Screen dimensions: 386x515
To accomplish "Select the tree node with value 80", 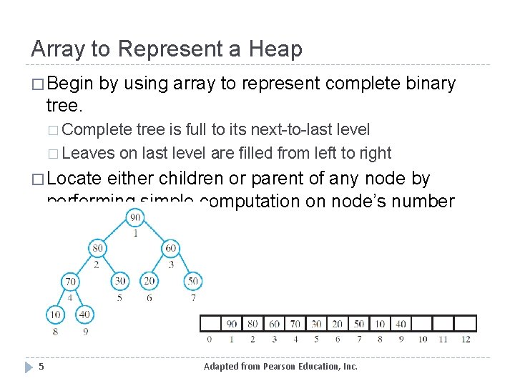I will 98,249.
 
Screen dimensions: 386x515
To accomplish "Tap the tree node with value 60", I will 170,249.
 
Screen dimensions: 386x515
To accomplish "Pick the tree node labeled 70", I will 70,281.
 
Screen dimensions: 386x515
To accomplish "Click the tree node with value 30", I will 119,281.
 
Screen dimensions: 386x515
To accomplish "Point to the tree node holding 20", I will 149,281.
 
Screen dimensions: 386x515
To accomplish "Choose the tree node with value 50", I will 192,281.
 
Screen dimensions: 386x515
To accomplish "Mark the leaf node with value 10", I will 55,314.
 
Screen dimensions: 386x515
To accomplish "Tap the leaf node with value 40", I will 84,314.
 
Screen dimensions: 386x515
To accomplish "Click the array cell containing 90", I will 231,324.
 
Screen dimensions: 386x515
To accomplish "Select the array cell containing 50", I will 359,324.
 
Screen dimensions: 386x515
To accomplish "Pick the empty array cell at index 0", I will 210,324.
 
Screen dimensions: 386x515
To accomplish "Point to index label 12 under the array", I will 466,339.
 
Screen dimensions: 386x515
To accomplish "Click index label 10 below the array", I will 423,339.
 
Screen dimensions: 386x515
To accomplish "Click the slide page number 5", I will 41,367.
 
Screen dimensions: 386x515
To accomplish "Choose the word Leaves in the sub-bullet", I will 95,152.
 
